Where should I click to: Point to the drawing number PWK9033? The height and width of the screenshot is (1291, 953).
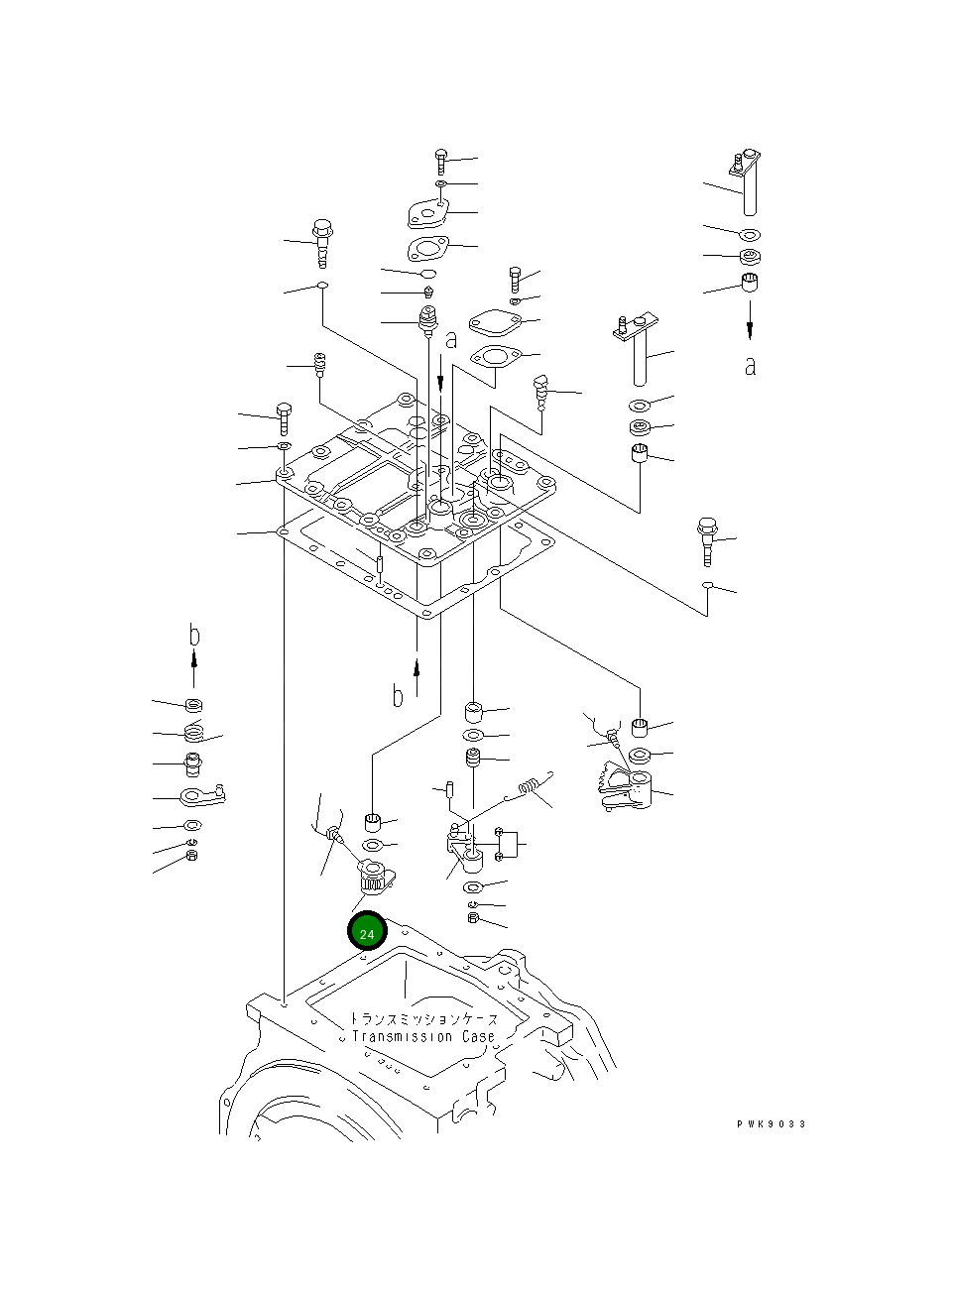pyautogui.click(x=771, y=1123)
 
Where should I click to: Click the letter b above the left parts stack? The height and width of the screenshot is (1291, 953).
pyautogui.click(x=194, y=634)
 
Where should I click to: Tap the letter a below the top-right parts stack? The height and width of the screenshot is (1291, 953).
pyautogui.click(x=750, y=365)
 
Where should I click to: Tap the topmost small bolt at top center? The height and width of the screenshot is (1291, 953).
pyautogui.click(x=440, y=159)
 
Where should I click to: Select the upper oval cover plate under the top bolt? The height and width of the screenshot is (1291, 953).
pyautogui.click(x=428, y=214)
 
